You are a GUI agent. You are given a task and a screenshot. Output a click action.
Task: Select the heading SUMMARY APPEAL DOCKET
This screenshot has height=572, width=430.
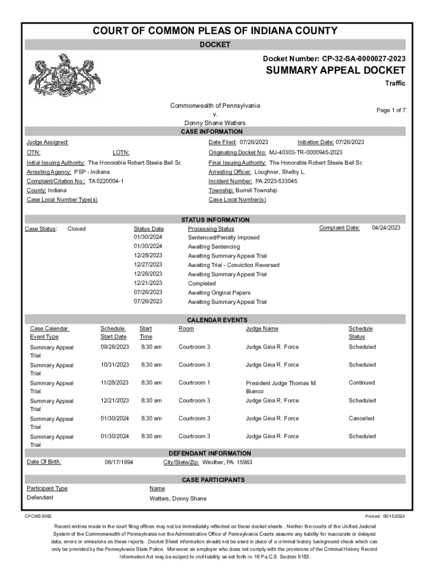[335, 70]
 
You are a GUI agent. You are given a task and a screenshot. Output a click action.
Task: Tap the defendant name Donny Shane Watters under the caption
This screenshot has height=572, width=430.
[215, 123]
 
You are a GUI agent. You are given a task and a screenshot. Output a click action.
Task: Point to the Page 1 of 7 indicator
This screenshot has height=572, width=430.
[390, 111]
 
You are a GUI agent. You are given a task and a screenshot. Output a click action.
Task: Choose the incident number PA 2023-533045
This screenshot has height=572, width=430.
[276, 182]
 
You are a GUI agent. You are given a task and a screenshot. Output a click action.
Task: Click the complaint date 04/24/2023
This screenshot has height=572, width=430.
[386, 228]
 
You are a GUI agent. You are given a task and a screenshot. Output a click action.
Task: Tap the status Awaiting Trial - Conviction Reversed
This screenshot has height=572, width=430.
[233, 265]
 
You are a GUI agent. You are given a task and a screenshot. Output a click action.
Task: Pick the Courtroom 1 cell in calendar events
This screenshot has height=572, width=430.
[194, 383]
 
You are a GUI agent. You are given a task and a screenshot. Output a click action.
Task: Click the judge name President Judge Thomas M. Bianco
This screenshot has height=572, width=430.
[281, 387]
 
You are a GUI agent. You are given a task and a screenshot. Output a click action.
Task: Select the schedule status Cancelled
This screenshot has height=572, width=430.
[361, 418]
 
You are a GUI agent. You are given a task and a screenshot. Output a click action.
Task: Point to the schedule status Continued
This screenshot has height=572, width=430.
[361, 383]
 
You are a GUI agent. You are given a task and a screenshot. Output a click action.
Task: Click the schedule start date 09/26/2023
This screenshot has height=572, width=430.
[114, 347]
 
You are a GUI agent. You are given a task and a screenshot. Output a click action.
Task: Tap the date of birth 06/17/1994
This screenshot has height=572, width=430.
[119, 463]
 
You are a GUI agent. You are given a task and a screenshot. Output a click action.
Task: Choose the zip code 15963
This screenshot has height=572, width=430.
[245, 463]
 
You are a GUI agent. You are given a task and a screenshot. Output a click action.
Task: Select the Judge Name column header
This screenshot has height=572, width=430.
[262, 329]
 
